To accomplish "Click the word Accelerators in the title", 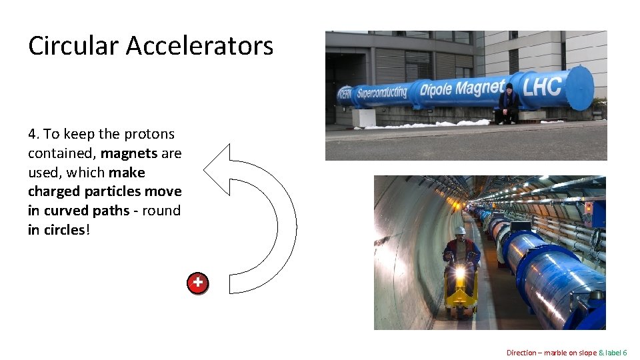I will (x=199, y=46).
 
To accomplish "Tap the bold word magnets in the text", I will (x=129, y=153).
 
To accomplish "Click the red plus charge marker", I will (x=197, y=283).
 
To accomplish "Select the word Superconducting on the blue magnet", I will (x=381, y=91).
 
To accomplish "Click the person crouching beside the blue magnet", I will (x=508, y=104).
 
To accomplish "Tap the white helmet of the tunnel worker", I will (x=460, y=231).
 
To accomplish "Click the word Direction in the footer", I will (x=521, y=353).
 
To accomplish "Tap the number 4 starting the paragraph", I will (x=32, y=134).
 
